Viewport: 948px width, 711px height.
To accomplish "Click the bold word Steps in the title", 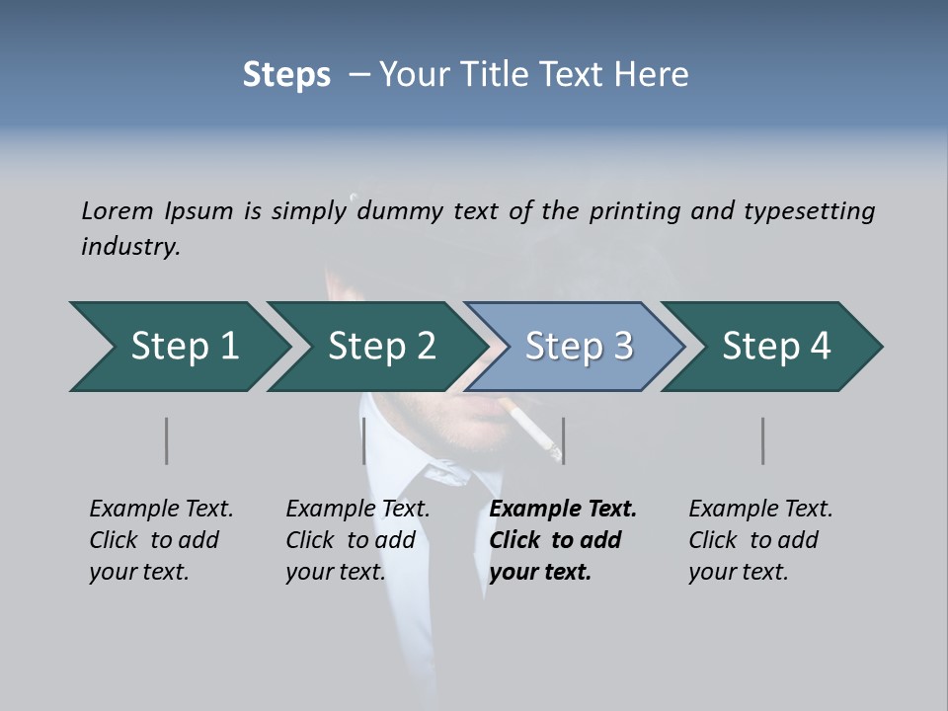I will (286, 75).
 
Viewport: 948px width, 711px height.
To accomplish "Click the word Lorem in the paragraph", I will (118, 210).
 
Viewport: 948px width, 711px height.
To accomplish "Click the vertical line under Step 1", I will (166, 440).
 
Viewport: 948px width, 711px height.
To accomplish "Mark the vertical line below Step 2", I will (364, 440).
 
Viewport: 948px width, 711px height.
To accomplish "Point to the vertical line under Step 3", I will (563, 440).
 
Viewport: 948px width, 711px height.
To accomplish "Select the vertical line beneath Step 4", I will (762, 440).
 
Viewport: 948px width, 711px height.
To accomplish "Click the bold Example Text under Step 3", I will (563, 510).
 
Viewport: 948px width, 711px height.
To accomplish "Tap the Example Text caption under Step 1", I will (161, 510).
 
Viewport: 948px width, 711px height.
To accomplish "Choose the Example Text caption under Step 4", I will (760, 510).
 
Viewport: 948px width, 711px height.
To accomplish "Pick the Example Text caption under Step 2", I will (357, 510).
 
